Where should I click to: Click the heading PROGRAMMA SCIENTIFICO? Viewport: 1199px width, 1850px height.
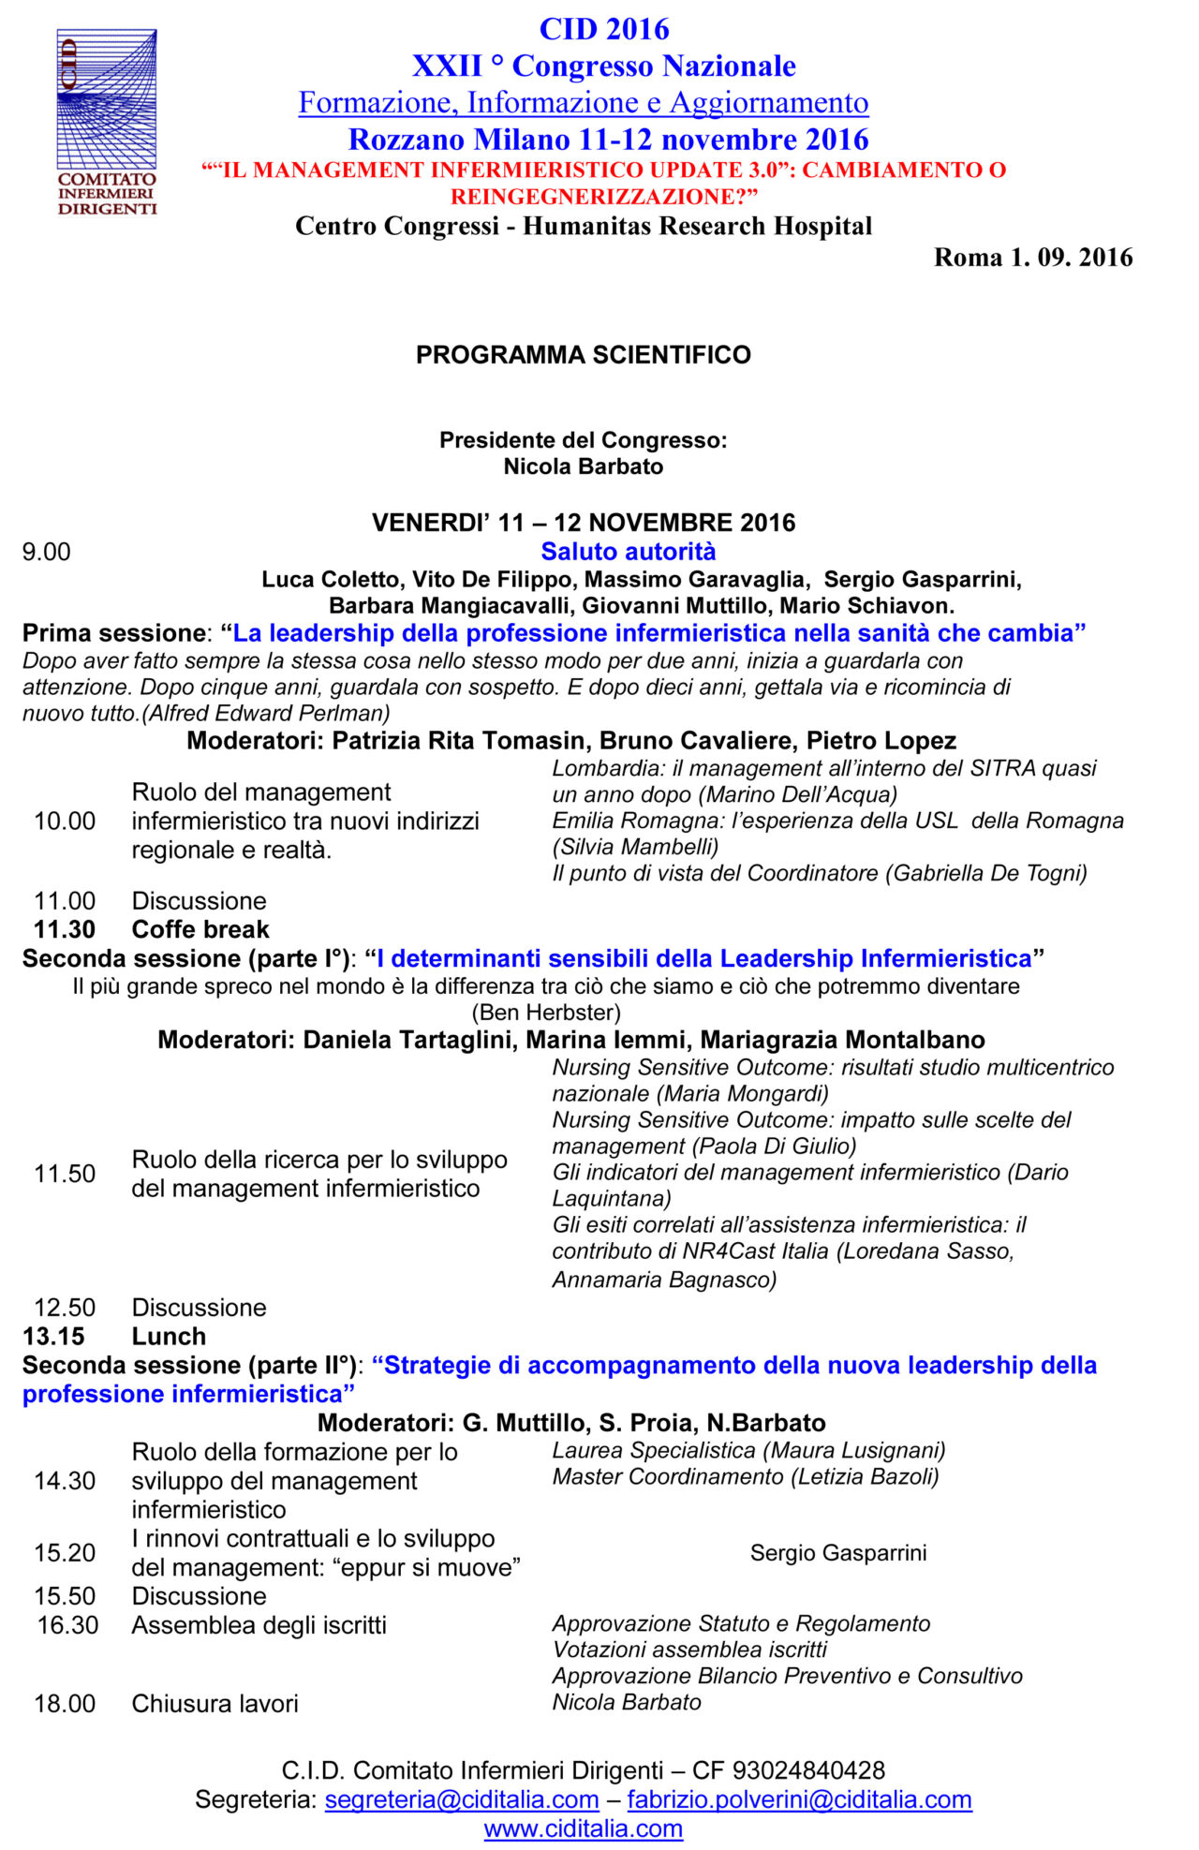(583, 355)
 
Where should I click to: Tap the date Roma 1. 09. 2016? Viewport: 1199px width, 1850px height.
(1032, 258)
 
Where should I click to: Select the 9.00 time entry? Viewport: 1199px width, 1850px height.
(47, 552)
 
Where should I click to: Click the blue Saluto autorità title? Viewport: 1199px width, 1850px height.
(628, 552)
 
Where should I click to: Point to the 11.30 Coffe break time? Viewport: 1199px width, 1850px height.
(65, 929)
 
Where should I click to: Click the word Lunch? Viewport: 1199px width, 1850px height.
(169, 1336)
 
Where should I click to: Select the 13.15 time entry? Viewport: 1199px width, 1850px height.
(53, 1336)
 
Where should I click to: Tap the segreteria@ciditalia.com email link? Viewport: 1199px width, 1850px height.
(462, 1799)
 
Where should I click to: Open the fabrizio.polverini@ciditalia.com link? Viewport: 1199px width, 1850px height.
(799, 1799)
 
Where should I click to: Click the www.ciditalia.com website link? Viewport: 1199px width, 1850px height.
(583, 1828)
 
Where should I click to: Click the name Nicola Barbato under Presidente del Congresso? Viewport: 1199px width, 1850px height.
(583, 466)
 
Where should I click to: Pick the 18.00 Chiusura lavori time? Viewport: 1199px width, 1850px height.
(65, 1703)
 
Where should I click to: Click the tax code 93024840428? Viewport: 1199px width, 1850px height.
(808, 1770)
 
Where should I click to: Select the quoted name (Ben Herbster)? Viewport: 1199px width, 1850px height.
(546, 1013)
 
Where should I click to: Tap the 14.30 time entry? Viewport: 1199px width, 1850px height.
(65, 1481)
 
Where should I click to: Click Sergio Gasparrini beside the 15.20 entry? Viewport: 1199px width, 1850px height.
(838, 1553)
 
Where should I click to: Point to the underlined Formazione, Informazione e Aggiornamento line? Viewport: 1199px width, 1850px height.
(583, 102)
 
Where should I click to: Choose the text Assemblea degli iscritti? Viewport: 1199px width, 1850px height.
(259, 1625)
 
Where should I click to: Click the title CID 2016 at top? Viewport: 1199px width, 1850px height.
(604, 30)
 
